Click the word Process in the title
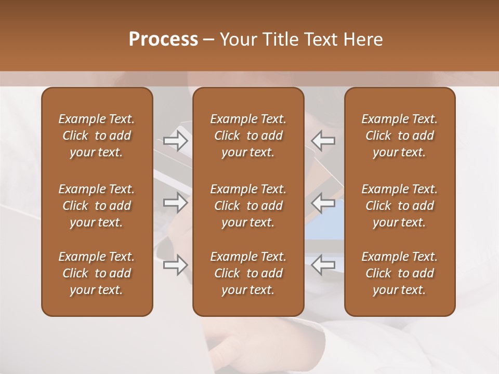coord(163,39)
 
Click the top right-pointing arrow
coord(175,141)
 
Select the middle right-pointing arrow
coord(175,203)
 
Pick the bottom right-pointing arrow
coord(175,265)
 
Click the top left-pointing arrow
coord(323,141)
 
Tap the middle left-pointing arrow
coord(323,203)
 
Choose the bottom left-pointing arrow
coord(323,265)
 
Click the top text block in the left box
coord(97,136)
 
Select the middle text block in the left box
coord(97,206)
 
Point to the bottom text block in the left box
coord(97,273)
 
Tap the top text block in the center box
coord(248,136)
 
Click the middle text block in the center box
coord(248,206)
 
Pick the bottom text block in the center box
coord(248,273)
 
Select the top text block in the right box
coord(399,136)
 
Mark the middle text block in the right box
coord(399,206)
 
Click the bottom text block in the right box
coord(399,273)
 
